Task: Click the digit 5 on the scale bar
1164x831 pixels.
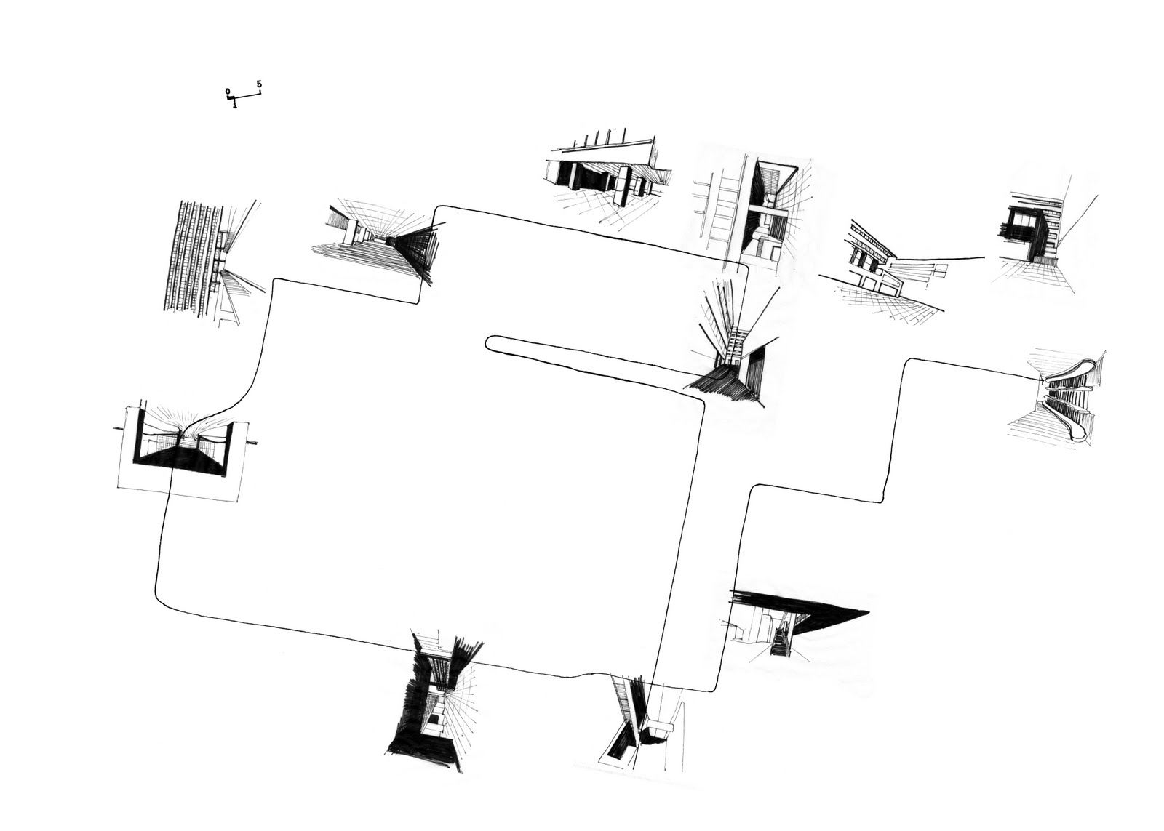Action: tap(259, 85)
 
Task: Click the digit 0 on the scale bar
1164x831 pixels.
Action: tap(228, 92)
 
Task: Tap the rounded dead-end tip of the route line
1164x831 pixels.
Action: tap(490, 342)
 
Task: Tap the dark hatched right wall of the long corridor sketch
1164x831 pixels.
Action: tap(415, 251)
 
